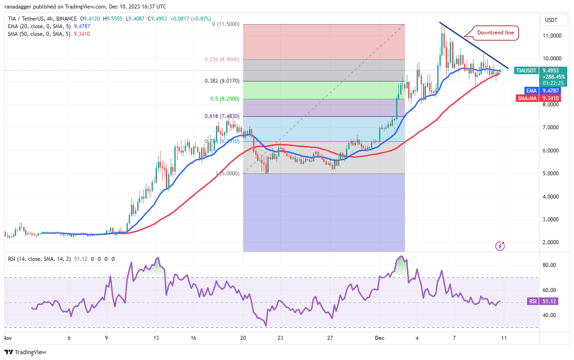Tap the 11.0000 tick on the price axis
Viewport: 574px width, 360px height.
point(552,35)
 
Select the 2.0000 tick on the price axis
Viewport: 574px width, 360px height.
point(552,242)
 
